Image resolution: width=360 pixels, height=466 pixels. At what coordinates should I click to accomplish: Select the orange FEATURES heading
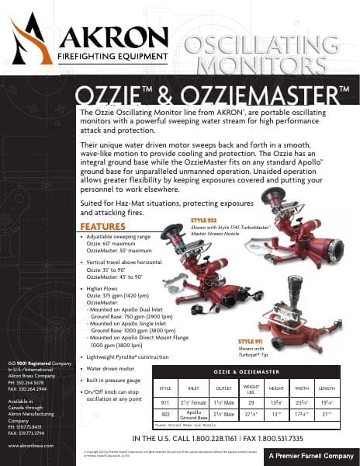102,227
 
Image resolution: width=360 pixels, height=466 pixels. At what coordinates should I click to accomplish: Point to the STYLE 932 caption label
204,221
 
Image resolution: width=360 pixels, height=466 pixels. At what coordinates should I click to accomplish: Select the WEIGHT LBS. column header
251,387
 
